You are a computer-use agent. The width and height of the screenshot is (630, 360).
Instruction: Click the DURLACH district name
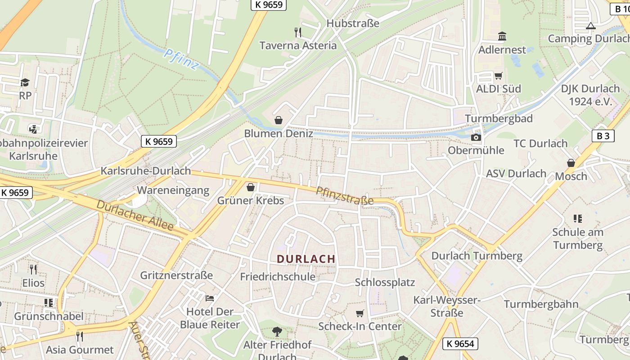[306, 259]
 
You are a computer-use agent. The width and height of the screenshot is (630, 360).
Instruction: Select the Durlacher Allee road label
[135, 216]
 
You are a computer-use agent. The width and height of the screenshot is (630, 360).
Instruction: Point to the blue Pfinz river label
[181, 59]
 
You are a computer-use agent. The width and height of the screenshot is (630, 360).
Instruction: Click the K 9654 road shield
[460, 344]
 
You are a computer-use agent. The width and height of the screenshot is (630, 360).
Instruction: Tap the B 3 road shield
[603, 136]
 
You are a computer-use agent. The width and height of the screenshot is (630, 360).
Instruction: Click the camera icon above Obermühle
[476, 137]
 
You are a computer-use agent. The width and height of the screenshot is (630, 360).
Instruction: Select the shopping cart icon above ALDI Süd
[498, 76]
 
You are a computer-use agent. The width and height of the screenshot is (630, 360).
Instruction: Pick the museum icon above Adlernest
[502, 36]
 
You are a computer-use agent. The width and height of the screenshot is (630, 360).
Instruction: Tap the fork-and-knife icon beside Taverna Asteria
[297, 32]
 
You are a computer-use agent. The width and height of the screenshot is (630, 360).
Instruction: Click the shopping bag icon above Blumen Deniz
[279, 120]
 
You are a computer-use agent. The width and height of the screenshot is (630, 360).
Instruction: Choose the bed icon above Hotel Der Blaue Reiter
[210, 298]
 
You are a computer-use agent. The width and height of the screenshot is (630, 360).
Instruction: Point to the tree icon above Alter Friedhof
[277, 332]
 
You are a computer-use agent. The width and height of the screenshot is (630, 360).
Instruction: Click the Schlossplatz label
[385, 282]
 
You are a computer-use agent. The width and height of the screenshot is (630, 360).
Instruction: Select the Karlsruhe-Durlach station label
[146, 171]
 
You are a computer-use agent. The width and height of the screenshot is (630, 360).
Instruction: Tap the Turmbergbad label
[499, 118]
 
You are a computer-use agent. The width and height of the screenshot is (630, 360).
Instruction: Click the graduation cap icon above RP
[25, 82]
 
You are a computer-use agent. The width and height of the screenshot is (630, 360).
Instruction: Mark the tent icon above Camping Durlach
[591, 26]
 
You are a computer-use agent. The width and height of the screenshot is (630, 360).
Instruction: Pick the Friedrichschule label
[278, 276]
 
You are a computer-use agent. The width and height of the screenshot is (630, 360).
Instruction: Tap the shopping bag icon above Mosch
[571, 163]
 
